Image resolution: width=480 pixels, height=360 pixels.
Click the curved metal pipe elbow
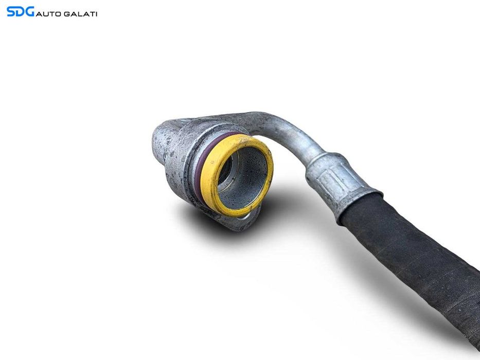pos(291,132)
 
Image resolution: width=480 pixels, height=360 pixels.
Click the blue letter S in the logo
pos(11,11)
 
